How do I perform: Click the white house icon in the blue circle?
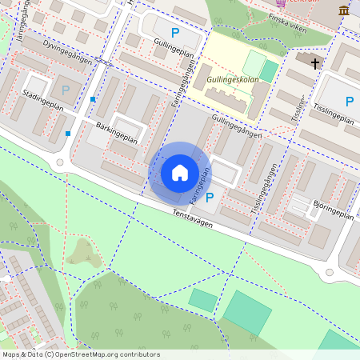click(180, 172)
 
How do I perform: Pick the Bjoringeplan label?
click(333, 210)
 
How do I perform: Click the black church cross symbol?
click(315, 63)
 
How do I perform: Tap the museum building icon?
click(344, 10)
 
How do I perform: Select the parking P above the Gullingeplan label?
click(174, 33)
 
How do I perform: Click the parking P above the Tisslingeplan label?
click(349, 101)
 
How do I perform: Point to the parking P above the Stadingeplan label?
click(66, 90)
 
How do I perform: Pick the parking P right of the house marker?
click(210, 198)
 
